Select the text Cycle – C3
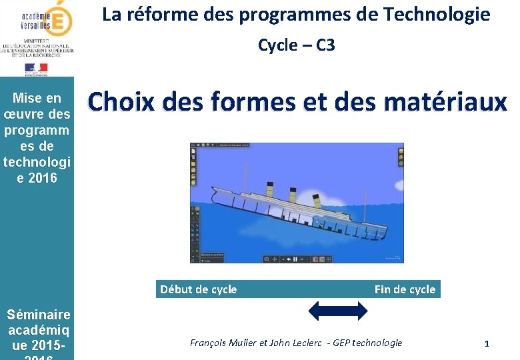tap(296, 45)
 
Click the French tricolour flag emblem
tap(36, 68)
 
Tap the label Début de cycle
tap(198, 289)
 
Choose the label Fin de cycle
tap(404, 289)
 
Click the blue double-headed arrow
tap(339, 311)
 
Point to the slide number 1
tap(487, 343)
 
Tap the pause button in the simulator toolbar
tap(295, 259)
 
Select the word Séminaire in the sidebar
tap(38, 315)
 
